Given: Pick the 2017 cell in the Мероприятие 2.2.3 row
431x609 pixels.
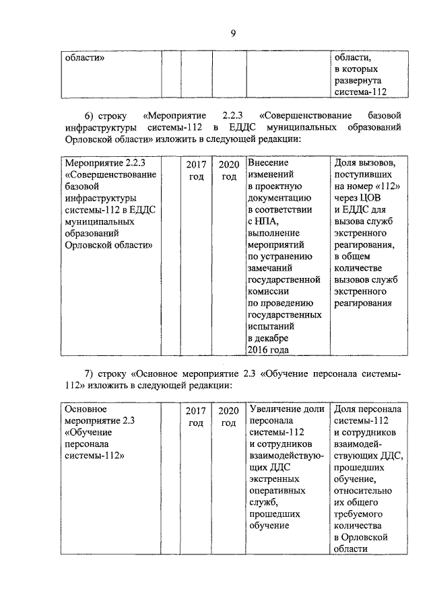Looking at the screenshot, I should [x=195, y=170].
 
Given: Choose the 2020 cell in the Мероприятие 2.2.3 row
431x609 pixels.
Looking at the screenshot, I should [x=229, y=170].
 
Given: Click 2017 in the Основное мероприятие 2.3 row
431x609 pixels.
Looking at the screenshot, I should [x=195, y=416].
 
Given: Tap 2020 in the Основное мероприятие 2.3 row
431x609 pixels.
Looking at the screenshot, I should [x=229, y=416].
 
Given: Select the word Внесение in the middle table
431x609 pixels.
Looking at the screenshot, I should [x=268, y=164].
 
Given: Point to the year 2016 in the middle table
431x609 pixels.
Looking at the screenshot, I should [x=259, y=349].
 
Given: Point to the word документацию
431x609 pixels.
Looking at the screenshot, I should [x=279, y=199].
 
